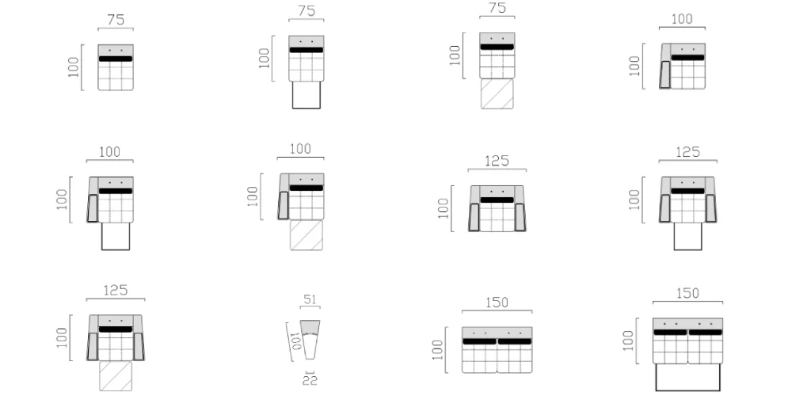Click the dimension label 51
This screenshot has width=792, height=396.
tap(310, 299)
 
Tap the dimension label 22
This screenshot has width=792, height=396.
tap(310, 380)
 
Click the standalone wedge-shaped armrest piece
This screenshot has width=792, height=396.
tap(310, 340)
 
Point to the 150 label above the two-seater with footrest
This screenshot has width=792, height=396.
tap(687, 294)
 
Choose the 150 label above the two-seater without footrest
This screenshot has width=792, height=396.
tap(497, 303)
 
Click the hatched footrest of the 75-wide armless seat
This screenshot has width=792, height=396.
tap(497, 94)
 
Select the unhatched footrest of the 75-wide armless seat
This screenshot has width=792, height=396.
tap(306, 95)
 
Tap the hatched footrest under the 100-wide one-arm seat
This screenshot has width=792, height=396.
tap(306, 235)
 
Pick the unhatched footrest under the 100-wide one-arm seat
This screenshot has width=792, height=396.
tap(116, 236)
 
